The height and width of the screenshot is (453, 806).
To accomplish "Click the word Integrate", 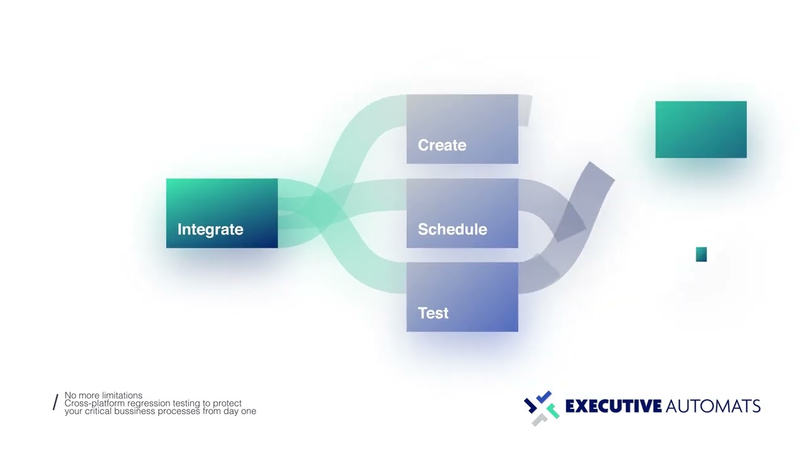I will tap(210, 230).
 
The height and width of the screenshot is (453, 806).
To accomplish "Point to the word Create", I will tap(442, 145).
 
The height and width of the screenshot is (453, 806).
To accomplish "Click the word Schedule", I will tap(452, 230).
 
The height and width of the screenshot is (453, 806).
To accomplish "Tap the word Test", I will tap(433, 313).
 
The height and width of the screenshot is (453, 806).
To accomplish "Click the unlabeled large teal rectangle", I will tap(701, 130).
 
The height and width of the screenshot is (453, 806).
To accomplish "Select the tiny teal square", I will tap(701, 254).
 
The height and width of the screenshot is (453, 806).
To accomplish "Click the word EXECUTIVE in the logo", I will tap(613, 406).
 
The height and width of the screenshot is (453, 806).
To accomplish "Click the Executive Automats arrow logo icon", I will tap(541, 408).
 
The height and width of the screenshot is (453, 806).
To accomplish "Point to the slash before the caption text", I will tap(55, 403).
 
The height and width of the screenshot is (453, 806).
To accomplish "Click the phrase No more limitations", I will tap(103, 396).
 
